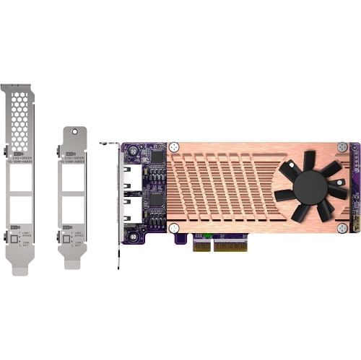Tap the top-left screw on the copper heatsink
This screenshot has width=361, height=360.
tap(174, 147)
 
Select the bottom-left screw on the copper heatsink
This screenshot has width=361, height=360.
tap(174, 228)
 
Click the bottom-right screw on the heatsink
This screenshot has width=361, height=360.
tap(341, 228)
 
